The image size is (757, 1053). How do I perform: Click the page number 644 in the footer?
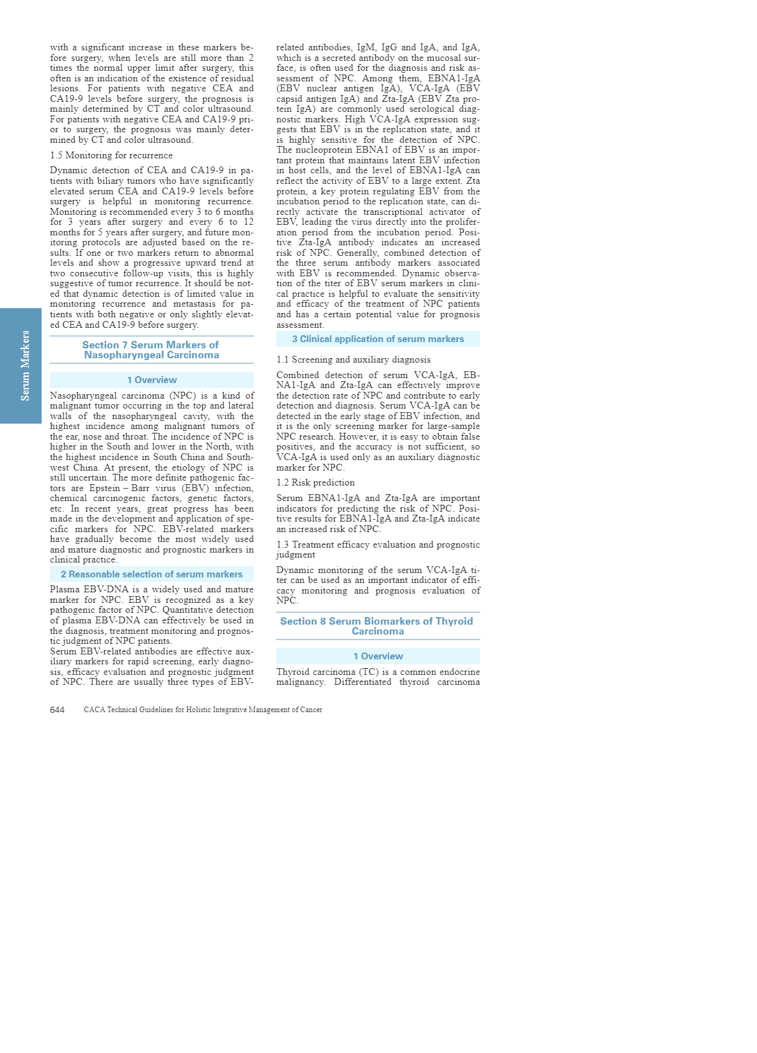coord(57,710)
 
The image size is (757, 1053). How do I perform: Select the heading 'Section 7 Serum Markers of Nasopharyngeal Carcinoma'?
coord(151,350)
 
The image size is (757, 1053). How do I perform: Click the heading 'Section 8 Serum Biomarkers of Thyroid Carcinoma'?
coord(377,626)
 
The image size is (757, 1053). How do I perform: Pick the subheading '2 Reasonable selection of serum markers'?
coord(152,574)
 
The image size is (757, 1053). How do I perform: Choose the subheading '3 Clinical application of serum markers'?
coord(378,339)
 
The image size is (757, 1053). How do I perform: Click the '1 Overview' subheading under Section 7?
coord(152,380)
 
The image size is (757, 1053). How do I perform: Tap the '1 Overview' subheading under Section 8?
coord(378,656)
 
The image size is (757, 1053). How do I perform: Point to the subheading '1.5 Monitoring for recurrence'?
coord(111,155)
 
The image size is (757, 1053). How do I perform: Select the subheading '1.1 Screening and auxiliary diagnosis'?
coord(353,359)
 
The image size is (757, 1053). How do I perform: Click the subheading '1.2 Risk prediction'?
coord(316,482)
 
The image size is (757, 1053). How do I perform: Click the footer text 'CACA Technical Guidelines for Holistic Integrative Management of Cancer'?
coord(203,710)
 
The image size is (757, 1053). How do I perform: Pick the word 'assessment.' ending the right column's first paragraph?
coord(300,325)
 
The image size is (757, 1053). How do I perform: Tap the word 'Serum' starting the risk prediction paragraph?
coord(290,498)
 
